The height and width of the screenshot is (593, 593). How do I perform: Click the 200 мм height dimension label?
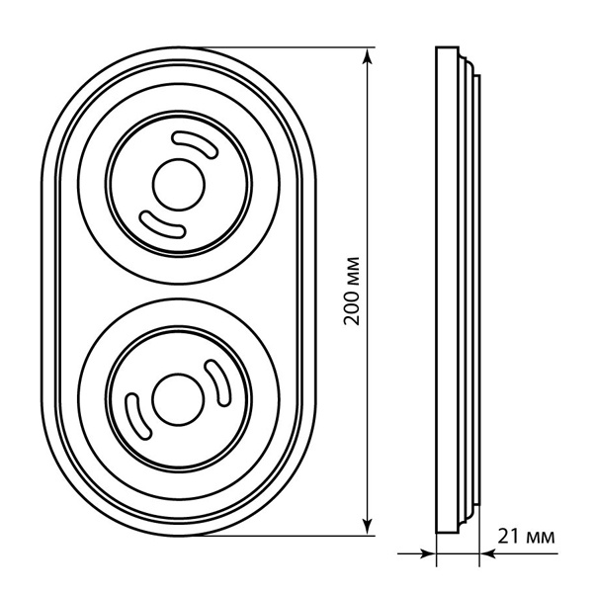pos(351,291)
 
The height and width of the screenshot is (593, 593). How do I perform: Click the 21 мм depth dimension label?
pos(526,537)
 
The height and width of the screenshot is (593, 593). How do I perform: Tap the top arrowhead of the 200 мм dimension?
pos(368,56)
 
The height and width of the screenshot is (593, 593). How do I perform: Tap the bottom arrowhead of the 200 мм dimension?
pos(368,527)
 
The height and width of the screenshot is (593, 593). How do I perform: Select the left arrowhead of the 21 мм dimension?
pos(428,554)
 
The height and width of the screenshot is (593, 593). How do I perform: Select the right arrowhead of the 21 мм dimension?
pos(488,554)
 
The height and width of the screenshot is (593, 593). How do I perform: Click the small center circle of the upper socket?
pos(179,185)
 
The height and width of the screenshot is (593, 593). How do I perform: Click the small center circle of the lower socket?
pos(179,399)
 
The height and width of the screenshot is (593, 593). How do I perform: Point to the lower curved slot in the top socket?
pos(163,225)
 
